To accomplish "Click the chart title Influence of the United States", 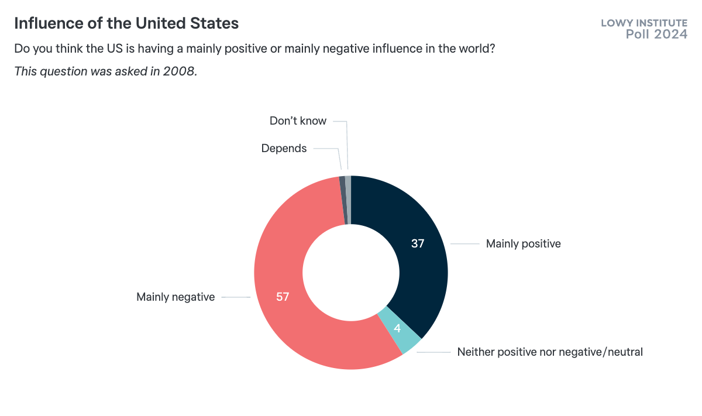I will [126, 23].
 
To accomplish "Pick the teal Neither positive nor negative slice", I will [400, 331].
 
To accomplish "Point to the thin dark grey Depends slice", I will [343, 200].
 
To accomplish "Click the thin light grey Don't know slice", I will [348, 199].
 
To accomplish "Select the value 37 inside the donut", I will [417, 243].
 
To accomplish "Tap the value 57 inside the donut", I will [283, 297].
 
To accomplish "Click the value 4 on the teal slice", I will [397, 329].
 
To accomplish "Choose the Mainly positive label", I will [523, 244].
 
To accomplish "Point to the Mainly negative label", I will [175, 297].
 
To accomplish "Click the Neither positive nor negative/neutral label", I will [549, 352].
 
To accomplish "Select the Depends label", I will [284, 149].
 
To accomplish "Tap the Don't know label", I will [298, 121].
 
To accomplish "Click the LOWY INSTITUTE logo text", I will [644, 23].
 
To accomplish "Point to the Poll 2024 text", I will [656, 35].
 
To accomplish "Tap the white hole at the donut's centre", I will [351, 273].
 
